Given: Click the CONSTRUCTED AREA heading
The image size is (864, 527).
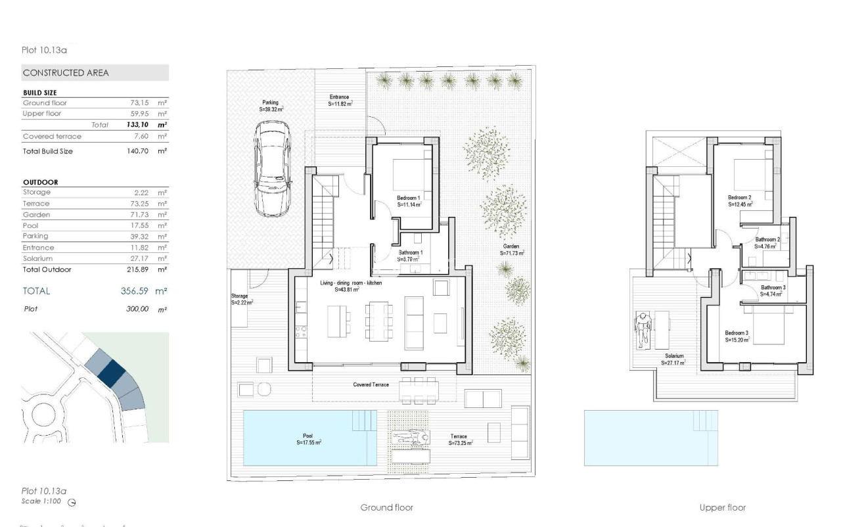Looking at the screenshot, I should [66, 73].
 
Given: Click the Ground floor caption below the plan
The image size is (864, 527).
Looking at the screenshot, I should [386, 507].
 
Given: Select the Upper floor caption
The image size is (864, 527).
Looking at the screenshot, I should [723, 507].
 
